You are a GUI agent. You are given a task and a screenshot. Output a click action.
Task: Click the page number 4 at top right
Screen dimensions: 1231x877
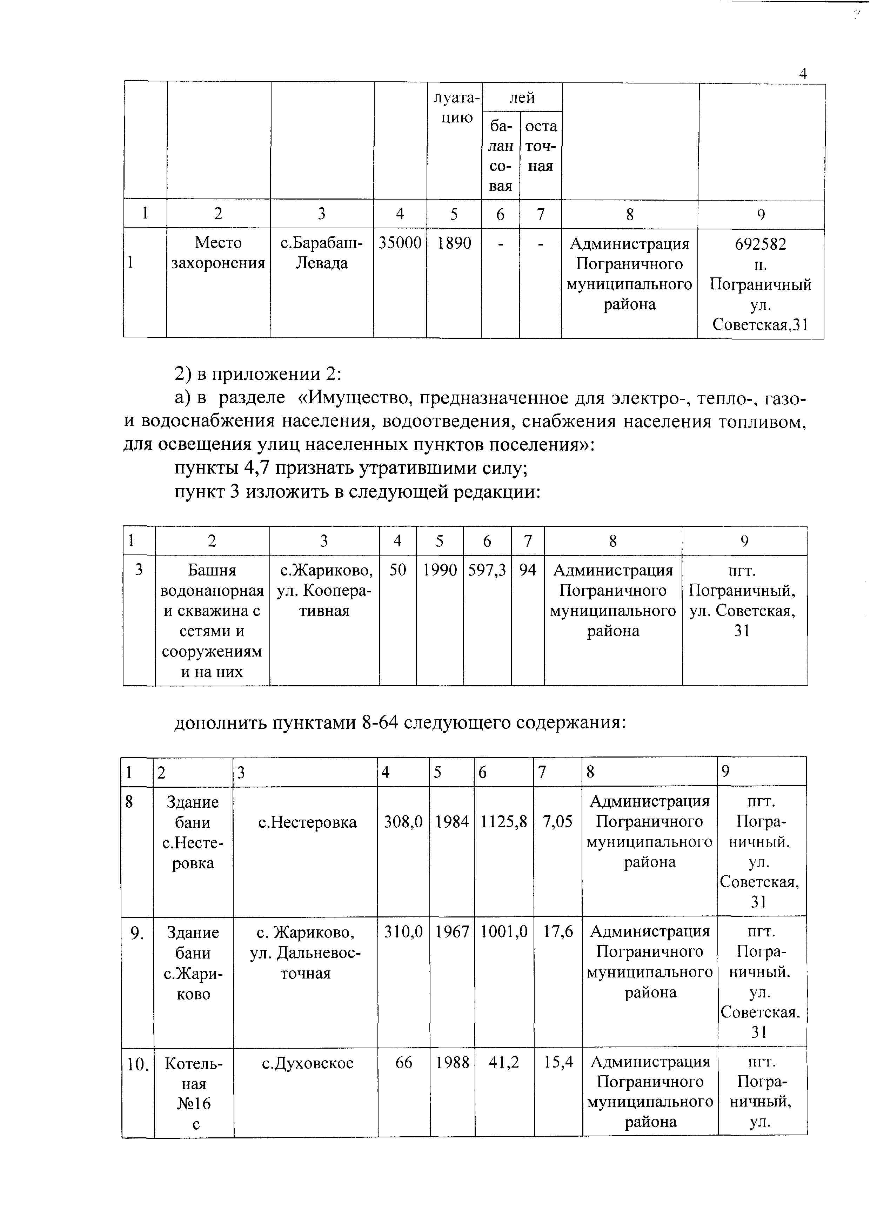coord(803,74)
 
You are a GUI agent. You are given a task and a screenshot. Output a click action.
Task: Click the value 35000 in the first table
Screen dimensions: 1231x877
coord(400,243)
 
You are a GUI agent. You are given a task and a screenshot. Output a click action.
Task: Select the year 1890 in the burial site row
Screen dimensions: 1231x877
coord(454,243)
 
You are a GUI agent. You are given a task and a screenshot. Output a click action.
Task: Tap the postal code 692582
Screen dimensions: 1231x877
coord(760,244)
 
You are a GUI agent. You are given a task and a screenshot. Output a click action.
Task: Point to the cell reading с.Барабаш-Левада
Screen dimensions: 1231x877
coord(322,253)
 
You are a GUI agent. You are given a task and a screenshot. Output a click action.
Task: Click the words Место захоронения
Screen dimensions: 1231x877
coord(218,253)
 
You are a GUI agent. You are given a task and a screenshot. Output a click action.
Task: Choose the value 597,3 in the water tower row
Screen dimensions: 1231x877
coord(487,570)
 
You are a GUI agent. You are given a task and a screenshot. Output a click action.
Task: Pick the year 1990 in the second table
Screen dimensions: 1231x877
coord(440,570)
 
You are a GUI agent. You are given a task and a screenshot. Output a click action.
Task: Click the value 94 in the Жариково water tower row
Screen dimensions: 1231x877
coord(528,570)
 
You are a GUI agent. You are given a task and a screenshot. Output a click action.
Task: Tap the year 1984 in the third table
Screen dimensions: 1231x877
coord(452,822)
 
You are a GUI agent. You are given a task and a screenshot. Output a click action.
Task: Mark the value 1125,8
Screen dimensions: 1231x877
coord(504,822)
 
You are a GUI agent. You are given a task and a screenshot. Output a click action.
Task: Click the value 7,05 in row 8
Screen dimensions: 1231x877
coord(557,822)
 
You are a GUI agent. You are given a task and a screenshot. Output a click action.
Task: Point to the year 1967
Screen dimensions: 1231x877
coord(452,932)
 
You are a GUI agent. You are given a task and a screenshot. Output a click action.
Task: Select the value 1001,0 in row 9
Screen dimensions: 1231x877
coord(504,932)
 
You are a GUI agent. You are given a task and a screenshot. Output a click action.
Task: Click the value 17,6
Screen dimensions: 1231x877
coord(558,932)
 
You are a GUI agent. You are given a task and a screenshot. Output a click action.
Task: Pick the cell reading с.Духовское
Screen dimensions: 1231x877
coord(308,1063)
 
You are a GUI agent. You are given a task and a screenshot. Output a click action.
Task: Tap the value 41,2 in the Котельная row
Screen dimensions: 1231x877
coord(504,1063)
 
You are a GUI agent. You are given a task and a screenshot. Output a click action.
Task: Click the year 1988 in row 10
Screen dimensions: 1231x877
coord(453,1063)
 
